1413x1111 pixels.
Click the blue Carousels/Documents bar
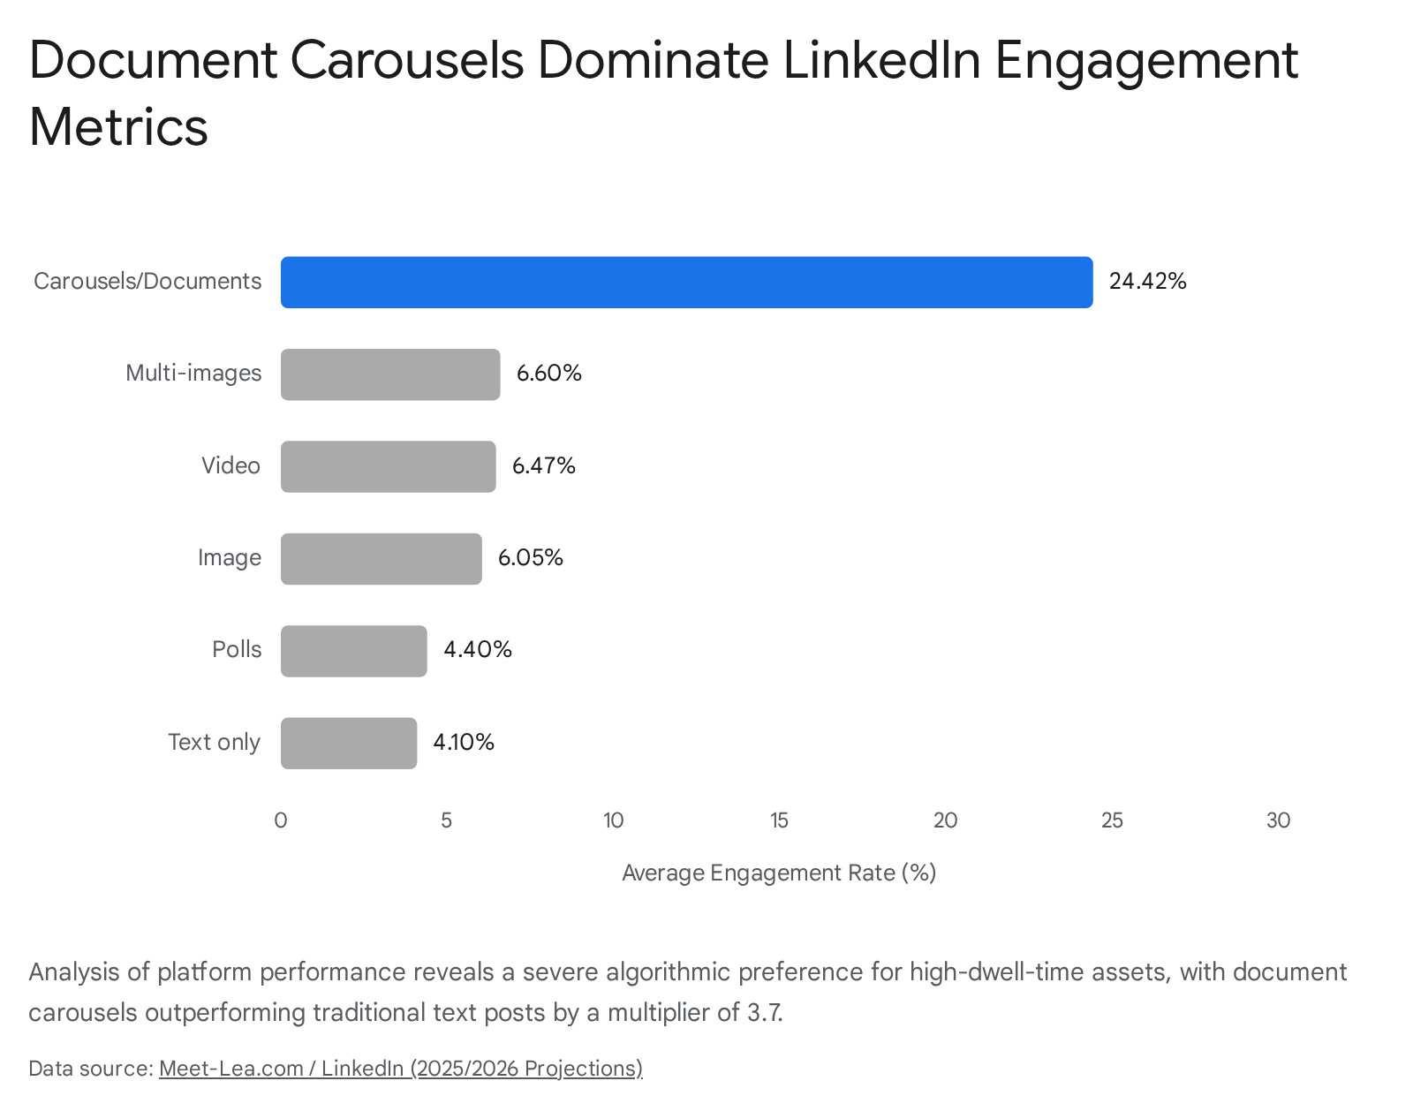click(686, 283)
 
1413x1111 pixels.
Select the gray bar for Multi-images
click(390, 374)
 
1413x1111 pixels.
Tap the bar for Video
click(388, 466)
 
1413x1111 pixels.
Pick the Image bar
click(381, 559)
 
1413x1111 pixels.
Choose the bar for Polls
click(353, 651)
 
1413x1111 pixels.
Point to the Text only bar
click(348, 744)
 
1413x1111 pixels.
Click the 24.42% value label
click(1147, 282)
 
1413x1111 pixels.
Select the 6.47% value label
click(544, 466)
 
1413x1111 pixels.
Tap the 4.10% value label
click(464, 743)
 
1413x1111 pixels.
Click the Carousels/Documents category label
click(147, 282)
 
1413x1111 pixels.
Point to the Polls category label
click(237, 650)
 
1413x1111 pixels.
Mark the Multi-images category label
click(193, 374)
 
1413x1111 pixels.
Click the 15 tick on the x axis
click(779, 821)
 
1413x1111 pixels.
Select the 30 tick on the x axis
click(1278, 821)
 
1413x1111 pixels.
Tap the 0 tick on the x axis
click(281, 821)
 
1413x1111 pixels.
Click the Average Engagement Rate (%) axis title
click(779, 873)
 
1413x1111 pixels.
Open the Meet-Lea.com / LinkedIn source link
click(400, 1069)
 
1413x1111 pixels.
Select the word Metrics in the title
click(118, 127)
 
